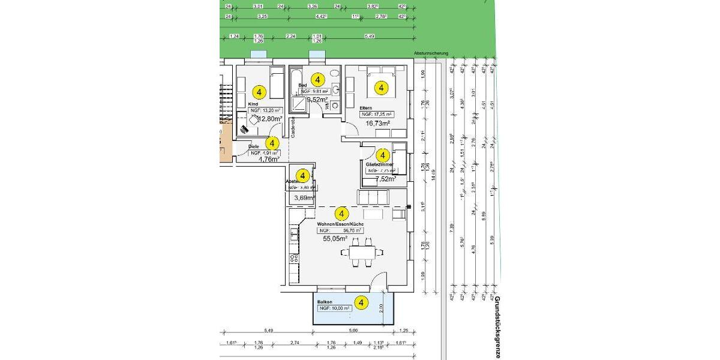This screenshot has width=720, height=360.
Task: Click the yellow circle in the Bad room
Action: tap(319, 79)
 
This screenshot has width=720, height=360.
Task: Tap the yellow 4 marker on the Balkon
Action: tap(361, 303)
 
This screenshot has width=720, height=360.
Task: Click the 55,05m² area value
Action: tap(336, 238)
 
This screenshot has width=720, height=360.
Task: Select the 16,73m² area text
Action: tap(379, 123)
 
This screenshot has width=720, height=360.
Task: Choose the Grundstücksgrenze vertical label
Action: tap(497, 327)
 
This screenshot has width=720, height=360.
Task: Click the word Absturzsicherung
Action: tap(431, 53)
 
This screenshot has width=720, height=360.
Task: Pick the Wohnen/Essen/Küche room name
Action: tap(340, 224)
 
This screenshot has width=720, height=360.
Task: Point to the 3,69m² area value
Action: tap(304, 198)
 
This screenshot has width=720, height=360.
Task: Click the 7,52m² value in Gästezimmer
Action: tap(385, 179)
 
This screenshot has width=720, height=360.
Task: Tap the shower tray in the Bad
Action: tap(298, 106)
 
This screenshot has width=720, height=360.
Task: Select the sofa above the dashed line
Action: tap(373, 197)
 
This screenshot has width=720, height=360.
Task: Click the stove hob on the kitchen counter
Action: tap(294, 259)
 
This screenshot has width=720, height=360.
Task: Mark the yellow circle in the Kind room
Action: tap(259, 92)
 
